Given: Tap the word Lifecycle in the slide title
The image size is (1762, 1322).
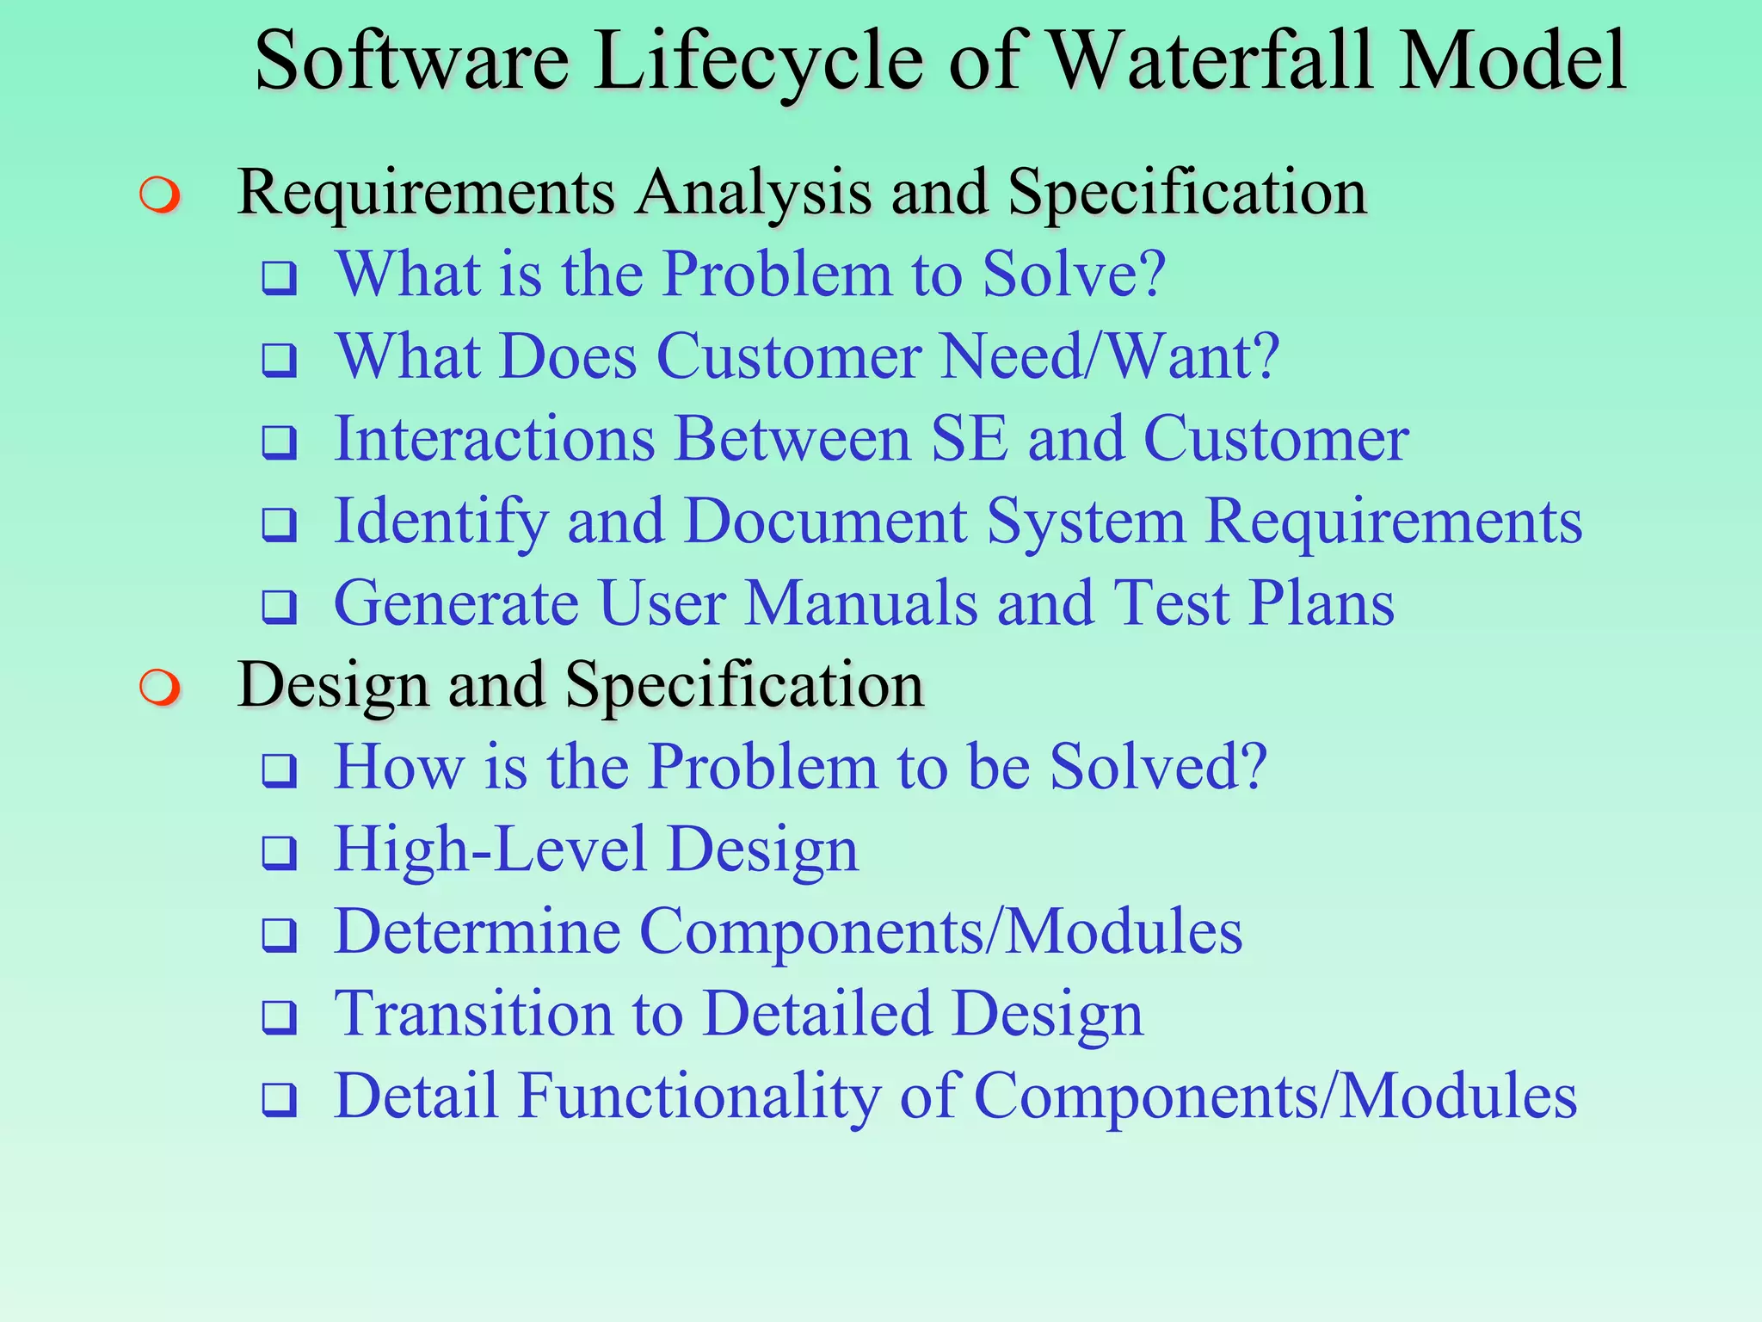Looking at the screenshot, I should (758, 62).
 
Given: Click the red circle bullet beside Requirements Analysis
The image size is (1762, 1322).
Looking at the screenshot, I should (160, 195).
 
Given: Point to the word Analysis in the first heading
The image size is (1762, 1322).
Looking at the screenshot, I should (754, 193).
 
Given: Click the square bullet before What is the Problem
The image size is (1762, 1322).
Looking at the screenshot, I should (280, 278).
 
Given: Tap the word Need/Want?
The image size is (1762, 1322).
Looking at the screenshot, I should (1110, 356).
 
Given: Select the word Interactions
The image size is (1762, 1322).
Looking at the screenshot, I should (495, 439).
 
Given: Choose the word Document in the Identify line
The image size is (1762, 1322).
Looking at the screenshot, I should (826, 522).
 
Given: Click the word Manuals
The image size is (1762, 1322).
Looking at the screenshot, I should (861, 603).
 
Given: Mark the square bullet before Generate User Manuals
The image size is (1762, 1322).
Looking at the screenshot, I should (280, 608).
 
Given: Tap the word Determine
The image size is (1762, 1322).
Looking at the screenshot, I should (477, 931).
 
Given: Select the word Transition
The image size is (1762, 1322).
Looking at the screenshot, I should (473, 1014).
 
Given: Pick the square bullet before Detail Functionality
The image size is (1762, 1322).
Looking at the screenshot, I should (280, 1100).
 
